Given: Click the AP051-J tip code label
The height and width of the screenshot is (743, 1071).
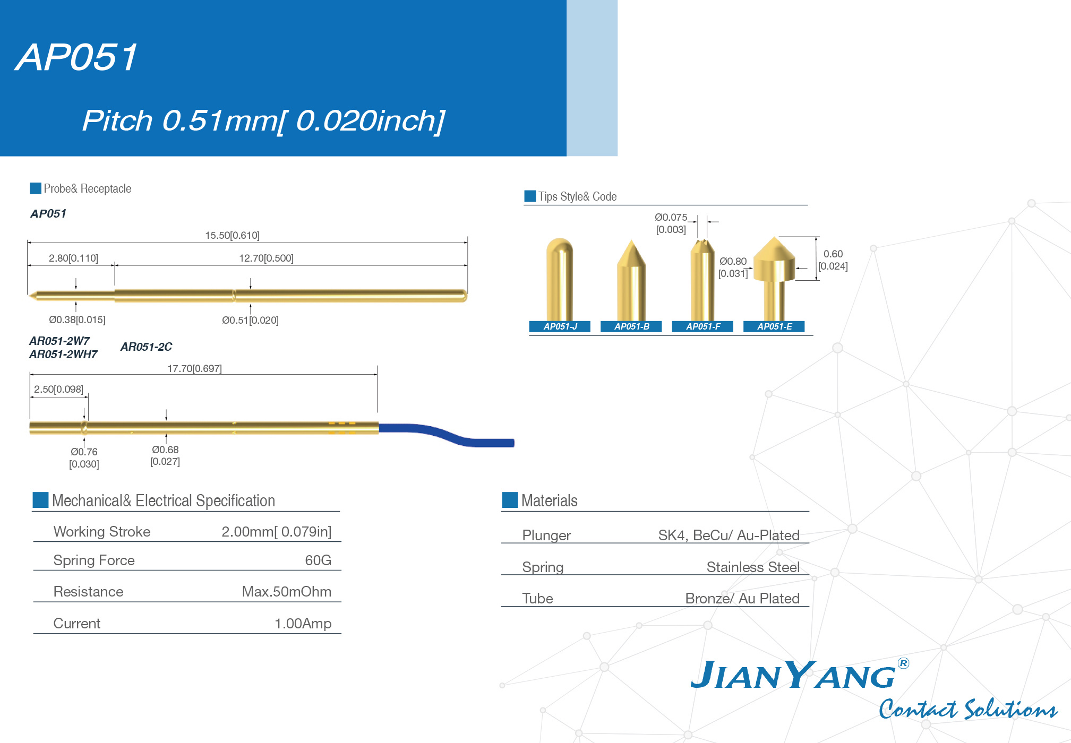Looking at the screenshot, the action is (x=560, y=326).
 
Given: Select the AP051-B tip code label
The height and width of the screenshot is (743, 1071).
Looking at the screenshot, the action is (x=631, y=326).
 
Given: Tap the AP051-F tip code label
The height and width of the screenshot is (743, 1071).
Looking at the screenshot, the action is (x=703, y=326).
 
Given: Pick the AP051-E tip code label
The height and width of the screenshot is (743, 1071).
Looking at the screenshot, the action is (x=774, y=326).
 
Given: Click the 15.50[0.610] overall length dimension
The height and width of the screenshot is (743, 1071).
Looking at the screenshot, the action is (x=232, y=235).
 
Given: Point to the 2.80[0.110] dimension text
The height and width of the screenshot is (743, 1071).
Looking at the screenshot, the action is (x=73, y=258).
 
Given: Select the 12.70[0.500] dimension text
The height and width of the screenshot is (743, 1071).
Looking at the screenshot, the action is (x=266, y=258).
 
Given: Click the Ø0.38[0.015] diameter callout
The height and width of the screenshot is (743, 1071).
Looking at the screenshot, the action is (x=77, y=319).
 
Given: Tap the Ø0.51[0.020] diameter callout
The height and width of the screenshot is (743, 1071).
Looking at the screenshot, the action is (x=250, y=320).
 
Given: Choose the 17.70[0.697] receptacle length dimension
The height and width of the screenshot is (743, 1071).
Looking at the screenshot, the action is (x=194, y=368).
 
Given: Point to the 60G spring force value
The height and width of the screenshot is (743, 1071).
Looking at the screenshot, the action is (x=318, y=560).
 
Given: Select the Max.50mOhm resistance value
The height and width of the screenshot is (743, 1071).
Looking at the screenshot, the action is (x=287, y=592).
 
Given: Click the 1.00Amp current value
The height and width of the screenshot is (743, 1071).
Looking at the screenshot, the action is (x=303, y=624).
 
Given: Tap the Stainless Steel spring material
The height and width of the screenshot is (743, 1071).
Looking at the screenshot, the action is (x=753, y=567).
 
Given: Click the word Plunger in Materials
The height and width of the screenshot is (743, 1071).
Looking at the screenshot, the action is (x=546, y=535).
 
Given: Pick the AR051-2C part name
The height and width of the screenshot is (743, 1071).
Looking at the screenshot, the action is (x=146, y=347).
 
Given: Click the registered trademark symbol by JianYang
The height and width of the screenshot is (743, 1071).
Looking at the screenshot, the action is (x=903, y=663).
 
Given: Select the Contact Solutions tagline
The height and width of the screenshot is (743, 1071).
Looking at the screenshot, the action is (x=968, y=709).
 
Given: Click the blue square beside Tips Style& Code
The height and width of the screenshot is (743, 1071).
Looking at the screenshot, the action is (x=530, y=196).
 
